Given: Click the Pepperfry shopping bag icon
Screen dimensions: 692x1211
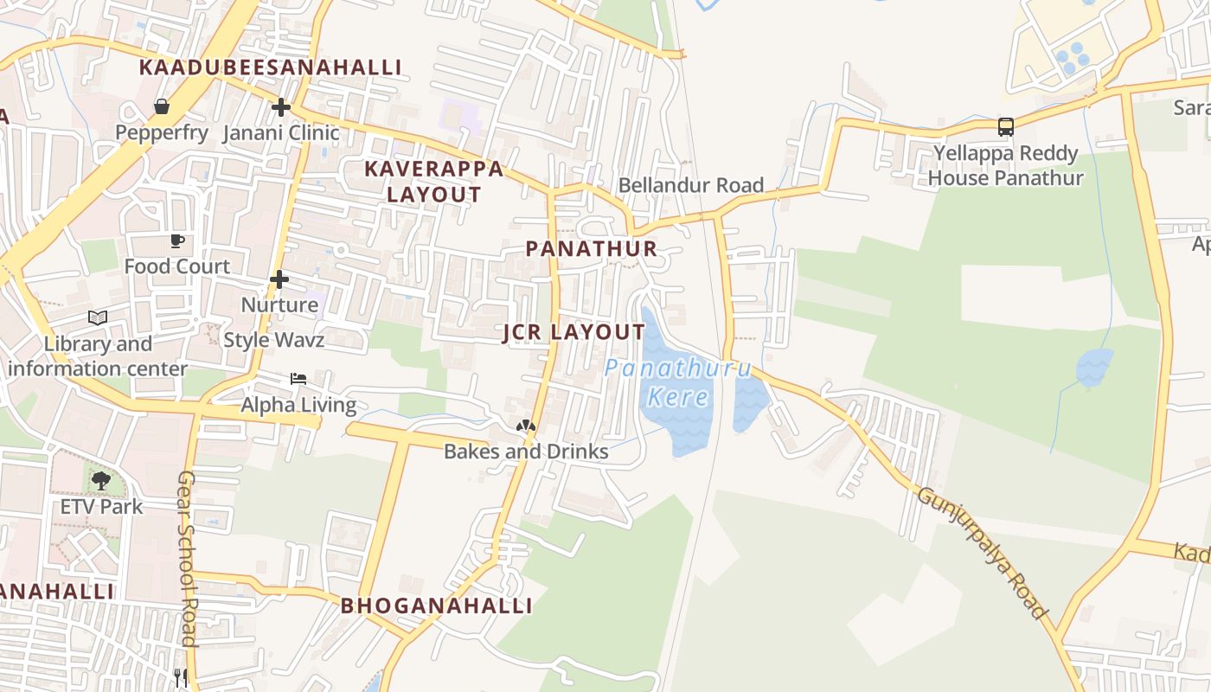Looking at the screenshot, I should click(x=161, y=106).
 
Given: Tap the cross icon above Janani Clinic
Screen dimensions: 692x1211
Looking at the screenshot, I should click(x=280, y=107).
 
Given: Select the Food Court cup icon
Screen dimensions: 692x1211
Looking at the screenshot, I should click(x=177, y=240).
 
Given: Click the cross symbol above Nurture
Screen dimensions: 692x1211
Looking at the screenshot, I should click(x=279, y=279).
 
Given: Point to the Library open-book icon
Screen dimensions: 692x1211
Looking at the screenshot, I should click(x=98, y=317).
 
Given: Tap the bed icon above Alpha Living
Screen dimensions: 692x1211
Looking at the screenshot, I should click(x=298, y=379).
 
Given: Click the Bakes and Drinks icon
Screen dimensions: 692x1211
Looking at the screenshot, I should click(x=525, y=426).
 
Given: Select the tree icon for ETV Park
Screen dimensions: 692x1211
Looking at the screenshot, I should click(x=101, y=480).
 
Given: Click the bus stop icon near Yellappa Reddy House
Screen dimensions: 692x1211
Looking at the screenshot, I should click(x=1005, y=127).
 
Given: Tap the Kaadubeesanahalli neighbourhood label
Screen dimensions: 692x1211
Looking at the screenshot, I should click(x=270, y=67).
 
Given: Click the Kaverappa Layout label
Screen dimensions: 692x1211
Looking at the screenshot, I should click(x=433, y=182).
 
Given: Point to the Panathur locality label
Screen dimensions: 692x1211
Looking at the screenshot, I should click(x=591, y=249).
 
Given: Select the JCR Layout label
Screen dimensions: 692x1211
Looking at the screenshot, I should click(x=573, y=333).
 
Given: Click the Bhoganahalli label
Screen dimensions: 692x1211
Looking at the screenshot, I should click(x=436, y=605).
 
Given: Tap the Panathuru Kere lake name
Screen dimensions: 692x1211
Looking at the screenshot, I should click(x=678, y=382).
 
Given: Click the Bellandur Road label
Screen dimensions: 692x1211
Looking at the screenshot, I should click(x=690, y=185).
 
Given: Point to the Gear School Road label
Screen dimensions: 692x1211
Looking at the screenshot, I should click(x=188, y=559).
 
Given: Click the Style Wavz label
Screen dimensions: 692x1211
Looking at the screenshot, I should click(x=273, y=340).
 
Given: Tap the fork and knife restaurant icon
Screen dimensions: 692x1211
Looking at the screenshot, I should click(x=180, y=677).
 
